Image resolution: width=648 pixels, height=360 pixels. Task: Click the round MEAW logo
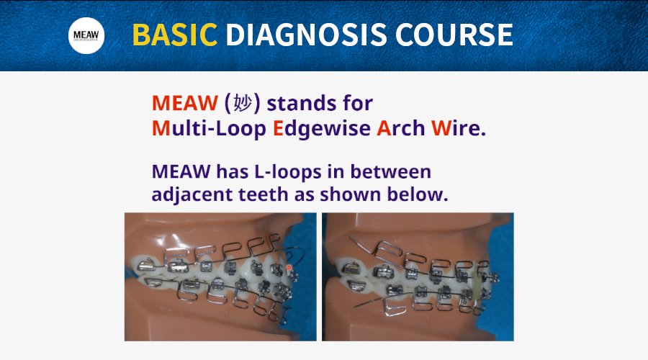[86, 35]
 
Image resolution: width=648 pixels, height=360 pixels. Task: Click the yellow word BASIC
[175, 35]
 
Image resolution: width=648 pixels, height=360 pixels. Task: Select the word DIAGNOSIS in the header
[306, 35]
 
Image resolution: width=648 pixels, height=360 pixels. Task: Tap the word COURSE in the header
[454, 35]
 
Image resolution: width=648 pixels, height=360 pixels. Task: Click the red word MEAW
[185, 103]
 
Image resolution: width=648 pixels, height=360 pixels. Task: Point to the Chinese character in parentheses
[243, 102]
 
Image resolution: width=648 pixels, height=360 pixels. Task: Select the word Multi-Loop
[209, 128]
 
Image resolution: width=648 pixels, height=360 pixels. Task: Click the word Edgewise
[322, 129]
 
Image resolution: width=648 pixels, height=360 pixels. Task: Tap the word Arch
[401, 128]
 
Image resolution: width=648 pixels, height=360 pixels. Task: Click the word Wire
[459, 128]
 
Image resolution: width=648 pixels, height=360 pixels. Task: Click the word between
[390, 171]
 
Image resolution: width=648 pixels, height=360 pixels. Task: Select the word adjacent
[192, 194]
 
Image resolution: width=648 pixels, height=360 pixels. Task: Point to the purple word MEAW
[181, 171]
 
